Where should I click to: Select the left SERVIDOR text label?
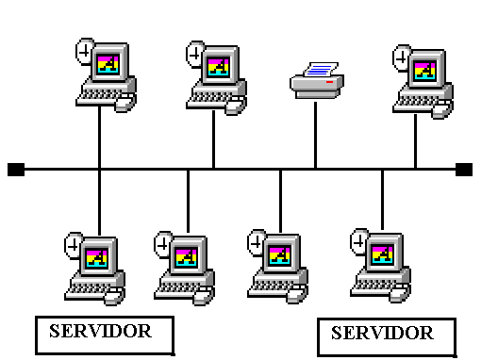pos(101,331)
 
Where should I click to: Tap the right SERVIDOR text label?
pos(383,333)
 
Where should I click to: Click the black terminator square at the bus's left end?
pos(15,170)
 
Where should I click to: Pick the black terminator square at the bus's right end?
pos(463,170)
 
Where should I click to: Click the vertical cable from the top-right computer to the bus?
pos(415,141)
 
